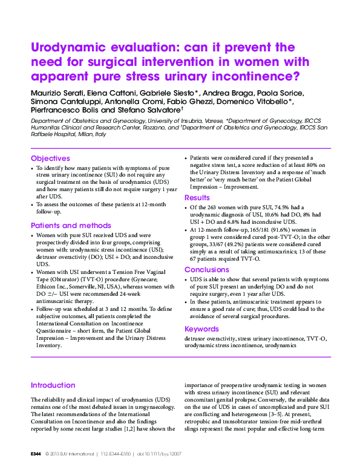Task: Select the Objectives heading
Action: [x=51, y=158]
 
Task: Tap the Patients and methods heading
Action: [x=71, y=226]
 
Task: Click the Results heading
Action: [x=197, y=198]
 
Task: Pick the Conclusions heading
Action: [x=207, y=270]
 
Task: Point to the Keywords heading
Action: [x=202, y=329]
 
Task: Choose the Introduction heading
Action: [x=53, y=385]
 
